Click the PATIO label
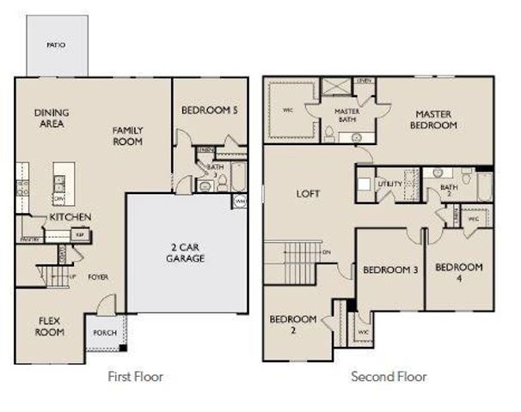coord(54,45)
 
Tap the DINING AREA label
coord(52,118)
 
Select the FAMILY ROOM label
coord(128,136)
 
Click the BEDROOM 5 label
coord(209,111)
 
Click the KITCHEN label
coord(70,217)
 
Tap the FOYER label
coord(97,277)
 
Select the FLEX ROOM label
coord(50,326)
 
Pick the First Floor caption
coord(135,376)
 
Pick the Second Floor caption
coord(388,376)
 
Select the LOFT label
coord(308,194)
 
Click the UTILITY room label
coord(389,184)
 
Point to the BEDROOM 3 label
coord(390,270)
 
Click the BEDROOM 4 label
coord(458,272)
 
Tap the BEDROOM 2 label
coord(292,324)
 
